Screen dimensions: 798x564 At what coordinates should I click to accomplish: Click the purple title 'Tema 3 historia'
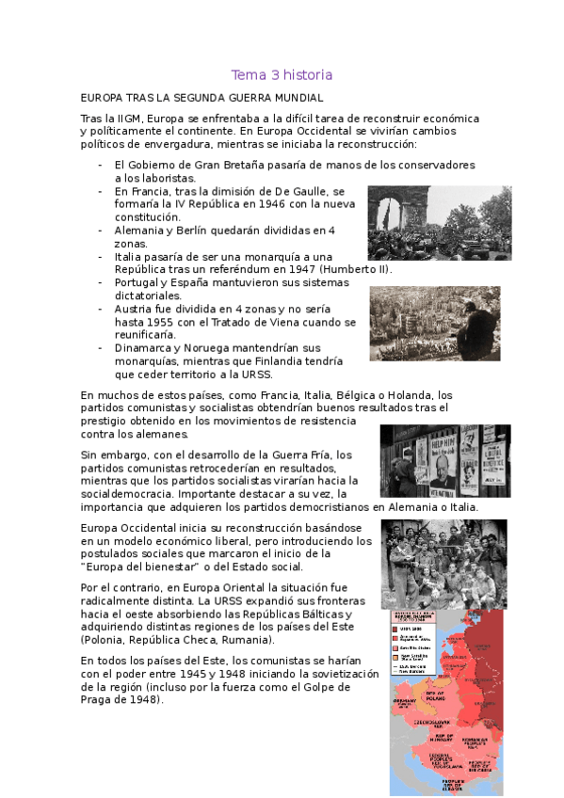[282, 74]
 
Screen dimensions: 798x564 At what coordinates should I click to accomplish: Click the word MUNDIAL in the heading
[298, 98]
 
